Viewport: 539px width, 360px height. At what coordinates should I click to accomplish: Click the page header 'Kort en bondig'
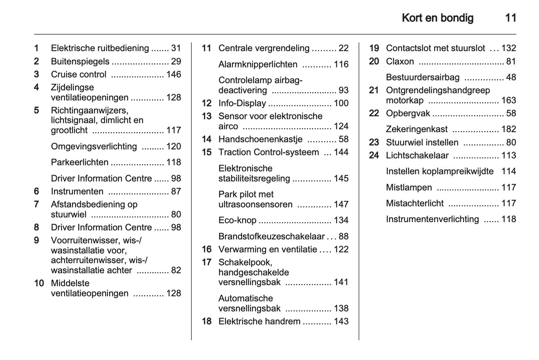pyautogui.click(x=438, y=18)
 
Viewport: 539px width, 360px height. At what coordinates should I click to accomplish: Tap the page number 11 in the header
pyautogui.click(x=510, y=18)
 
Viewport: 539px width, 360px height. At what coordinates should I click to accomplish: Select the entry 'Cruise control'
pyautogui.click(x=79, y=75)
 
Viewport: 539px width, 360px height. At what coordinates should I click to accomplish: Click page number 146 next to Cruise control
pyautogui.click(x=173, y=75)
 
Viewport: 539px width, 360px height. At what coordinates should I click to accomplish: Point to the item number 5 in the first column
pyautogui.click(x=37, y=110)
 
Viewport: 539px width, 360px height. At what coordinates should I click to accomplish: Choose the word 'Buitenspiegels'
pyautogui.click(x=80, y=61)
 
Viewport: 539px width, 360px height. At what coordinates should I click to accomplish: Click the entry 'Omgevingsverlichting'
pyautogui.click(x=94, y=146)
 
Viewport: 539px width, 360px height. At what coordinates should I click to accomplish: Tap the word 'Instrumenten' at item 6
pyautogui.click(x=77, y=192)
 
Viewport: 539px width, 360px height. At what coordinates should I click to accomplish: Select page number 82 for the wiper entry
pyautogui.click(x=176, y=270)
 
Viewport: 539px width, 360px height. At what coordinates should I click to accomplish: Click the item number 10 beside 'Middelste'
pyautogui.click(x=39, y=283)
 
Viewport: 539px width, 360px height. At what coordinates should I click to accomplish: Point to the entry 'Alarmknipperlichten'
pyautogui.click(x=258, y=64)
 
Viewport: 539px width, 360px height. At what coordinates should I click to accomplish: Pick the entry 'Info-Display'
pyautogui.click(x=242, y=103)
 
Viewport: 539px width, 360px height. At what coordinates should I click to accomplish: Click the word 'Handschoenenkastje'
pyautogui.click(x=260, y=139)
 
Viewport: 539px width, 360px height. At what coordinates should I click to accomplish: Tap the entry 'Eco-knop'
pyautogui.click(x=237, y=220)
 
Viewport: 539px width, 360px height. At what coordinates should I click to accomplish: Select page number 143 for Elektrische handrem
pyautogui.click(x=341, y=321)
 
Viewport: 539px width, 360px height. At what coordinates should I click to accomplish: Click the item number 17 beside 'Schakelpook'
pyautogui.click(x=207, y=262)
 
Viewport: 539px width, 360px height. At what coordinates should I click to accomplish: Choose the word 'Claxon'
pyautogui.click(x=400, y=61)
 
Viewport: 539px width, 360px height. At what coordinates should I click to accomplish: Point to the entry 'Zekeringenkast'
pyautogui.click(x=417, y=129)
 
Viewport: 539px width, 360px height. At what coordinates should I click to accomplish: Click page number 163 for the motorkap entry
pyautogui.click(x=508, y=100)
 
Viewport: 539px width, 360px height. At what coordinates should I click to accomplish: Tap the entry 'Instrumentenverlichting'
pyautogui.click(x=432, y=219)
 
